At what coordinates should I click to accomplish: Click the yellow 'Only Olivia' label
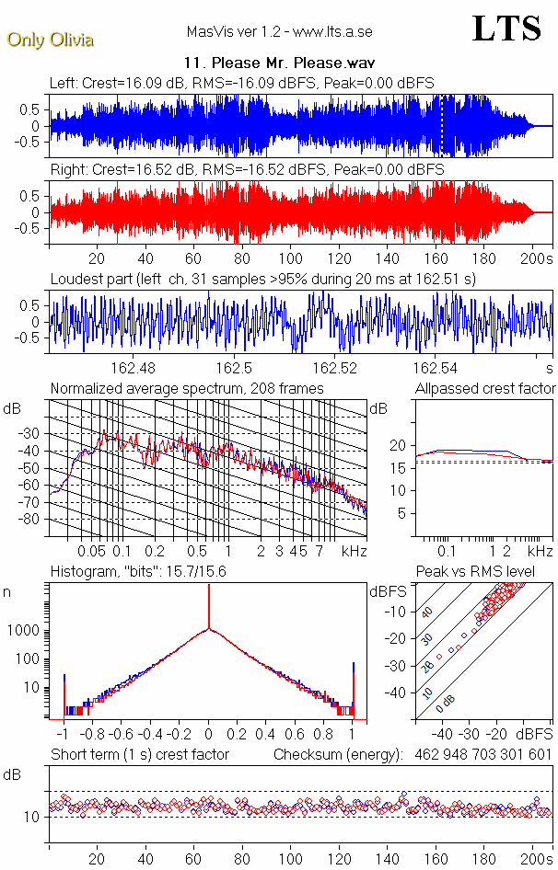point(51,40)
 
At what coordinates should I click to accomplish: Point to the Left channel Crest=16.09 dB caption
point(247,83)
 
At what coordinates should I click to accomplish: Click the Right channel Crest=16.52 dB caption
point(247,170)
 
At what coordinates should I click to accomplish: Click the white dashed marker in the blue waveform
point(442,125)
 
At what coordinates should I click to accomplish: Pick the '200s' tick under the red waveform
point(535,258)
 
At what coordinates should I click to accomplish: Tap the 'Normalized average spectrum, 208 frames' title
point(187,389)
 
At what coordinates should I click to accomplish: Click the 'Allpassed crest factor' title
point(485,389)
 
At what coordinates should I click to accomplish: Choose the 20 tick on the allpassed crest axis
point(399,445)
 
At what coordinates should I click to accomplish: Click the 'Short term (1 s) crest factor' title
point(139,755)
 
